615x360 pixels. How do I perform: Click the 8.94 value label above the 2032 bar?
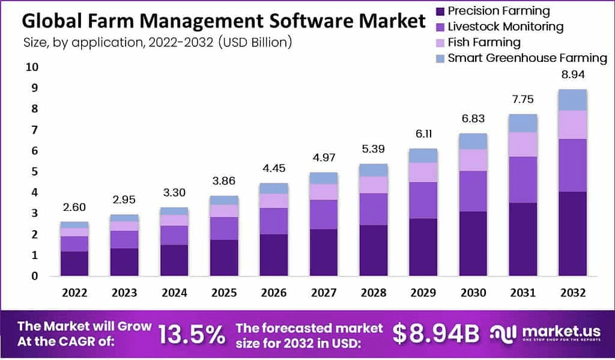pos(572,75)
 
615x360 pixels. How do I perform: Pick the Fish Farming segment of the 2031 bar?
pos(523,144)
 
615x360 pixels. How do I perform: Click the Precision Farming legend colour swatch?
pos(440,11)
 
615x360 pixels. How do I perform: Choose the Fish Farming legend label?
pos(484,43)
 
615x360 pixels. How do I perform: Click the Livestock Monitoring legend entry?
pos(506,26)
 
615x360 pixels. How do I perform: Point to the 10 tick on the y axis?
pos(31,67)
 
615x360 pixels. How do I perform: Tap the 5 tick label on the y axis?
pos(34,172)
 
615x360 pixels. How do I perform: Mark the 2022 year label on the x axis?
pos(74,293)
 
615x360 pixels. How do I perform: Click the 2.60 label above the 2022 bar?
pos(74,207)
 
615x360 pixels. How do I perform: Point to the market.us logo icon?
pos(503,334)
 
